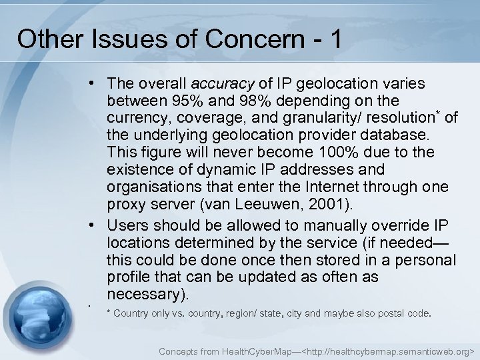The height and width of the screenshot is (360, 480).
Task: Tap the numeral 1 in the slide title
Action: point(333,39)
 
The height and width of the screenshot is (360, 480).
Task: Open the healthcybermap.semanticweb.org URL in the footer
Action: point(388,349)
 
